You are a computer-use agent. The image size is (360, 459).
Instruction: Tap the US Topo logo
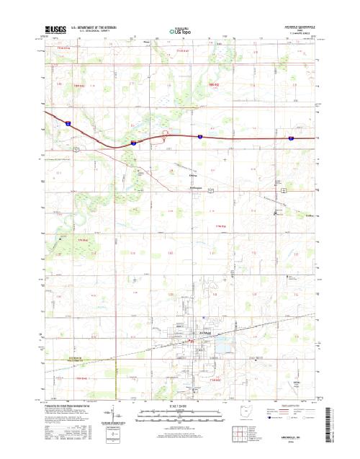(179, 31)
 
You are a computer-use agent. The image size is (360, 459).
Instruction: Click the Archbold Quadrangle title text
(300, 26)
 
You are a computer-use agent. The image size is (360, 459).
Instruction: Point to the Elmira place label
(192, 175)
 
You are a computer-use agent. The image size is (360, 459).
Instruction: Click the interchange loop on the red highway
(166, 133)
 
